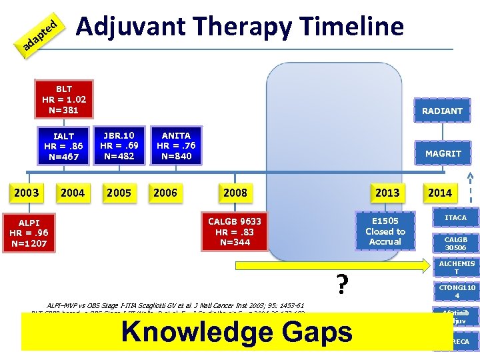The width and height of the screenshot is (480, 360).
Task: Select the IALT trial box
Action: [64, 147]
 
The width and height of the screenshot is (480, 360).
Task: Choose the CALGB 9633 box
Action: [234, 231]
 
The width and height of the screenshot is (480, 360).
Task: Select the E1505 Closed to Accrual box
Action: [385, 231]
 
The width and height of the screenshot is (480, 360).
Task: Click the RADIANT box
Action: [441, 111]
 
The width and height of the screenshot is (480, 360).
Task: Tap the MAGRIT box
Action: [443, 153]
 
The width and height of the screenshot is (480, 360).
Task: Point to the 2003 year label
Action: [27, 193]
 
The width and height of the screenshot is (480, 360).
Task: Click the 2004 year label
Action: [73, 193]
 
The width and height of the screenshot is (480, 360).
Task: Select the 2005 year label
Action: [119, 193]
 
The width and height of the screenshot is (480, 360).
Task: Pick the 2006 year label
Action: [165, 193]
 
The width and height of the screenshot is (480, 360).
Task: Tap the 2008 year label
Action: [235, 193]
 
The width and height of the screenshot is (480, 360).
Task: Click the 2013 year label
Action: [387, 193]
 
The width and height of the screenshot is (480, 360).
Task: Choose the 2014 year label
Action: [439, 193]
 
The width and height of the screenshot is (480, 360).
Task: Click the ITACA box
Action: [456, 218]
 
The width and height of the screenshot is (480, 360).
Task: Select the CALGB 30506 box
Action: [456, 243]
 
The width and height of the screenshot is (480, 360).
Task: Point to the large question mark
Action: [342, 285]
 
